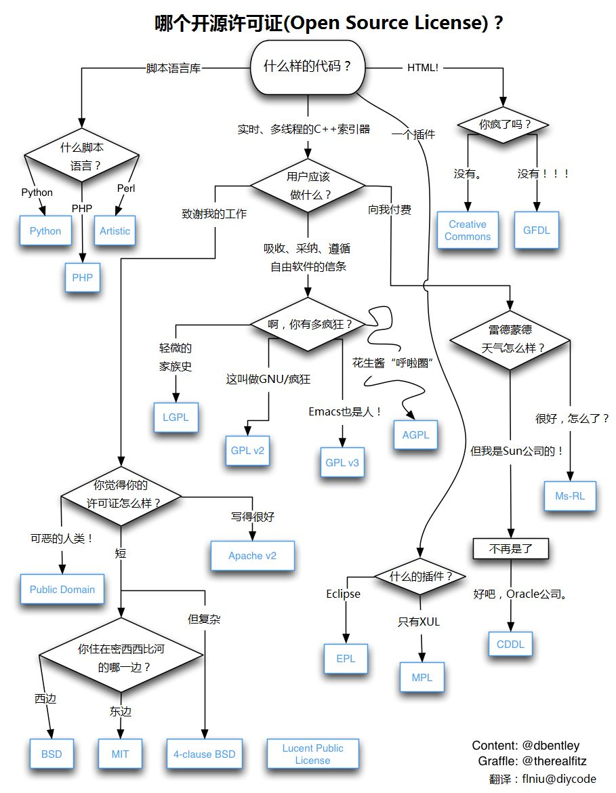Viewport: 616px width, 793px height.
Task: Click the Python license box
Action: click(45, 231)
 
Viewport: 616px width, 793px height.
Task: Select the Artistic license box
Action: click(115, 231)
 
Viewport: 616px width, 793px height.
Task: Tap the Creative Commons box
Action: click(468, 230)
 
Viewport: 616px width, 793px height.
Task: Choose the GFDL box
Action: click(537, 230)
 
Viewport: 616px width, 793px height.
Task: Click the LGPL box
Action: click(176, 418)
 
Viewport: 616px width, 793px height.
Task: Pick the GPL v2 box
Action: click(247, 449)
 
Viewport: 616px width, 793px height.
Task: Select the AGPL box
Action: click(415, 435)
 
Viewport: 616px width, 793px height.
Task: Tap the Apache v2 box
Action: click(252, 556)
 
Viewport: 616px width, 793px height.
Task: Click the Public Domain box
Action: click(62, 590)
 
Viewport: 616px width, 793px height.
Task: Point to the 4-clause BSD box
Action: click(204, 754)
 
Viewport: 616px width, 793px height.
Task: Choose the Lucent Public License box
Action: click(312, 754)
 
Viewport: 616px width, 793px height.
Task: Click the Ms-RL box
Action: click(570, 497)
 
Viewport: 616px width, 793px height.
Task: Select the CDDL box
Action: click(510, 645)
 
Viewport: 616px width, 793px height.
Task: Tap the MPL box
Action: click(422, 678)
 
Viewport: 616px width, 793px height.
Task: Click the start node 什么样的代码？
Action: click(308, 68)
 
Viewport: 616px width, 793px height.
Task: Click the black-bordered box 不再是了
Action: click(510, 548)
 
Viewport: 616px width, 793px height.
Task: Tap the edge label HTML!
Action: click(423, 68)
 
